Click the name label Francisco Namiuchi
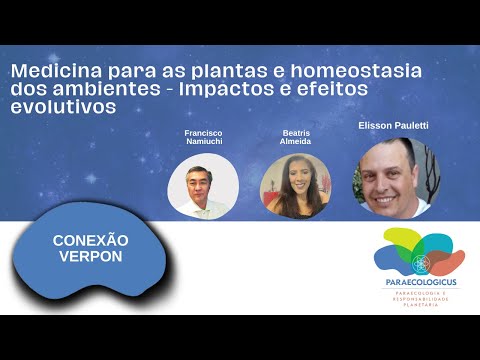point(202,139)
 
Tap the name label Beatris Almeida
point(295,139)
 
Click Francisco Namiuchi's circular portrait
point(202,187)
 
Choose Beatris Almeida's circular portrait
point(295,187)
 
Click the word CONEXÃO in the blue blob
point(90,241)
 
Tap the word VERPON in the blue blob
point(90,258)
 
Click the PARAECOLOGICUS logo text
point(419,283)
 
